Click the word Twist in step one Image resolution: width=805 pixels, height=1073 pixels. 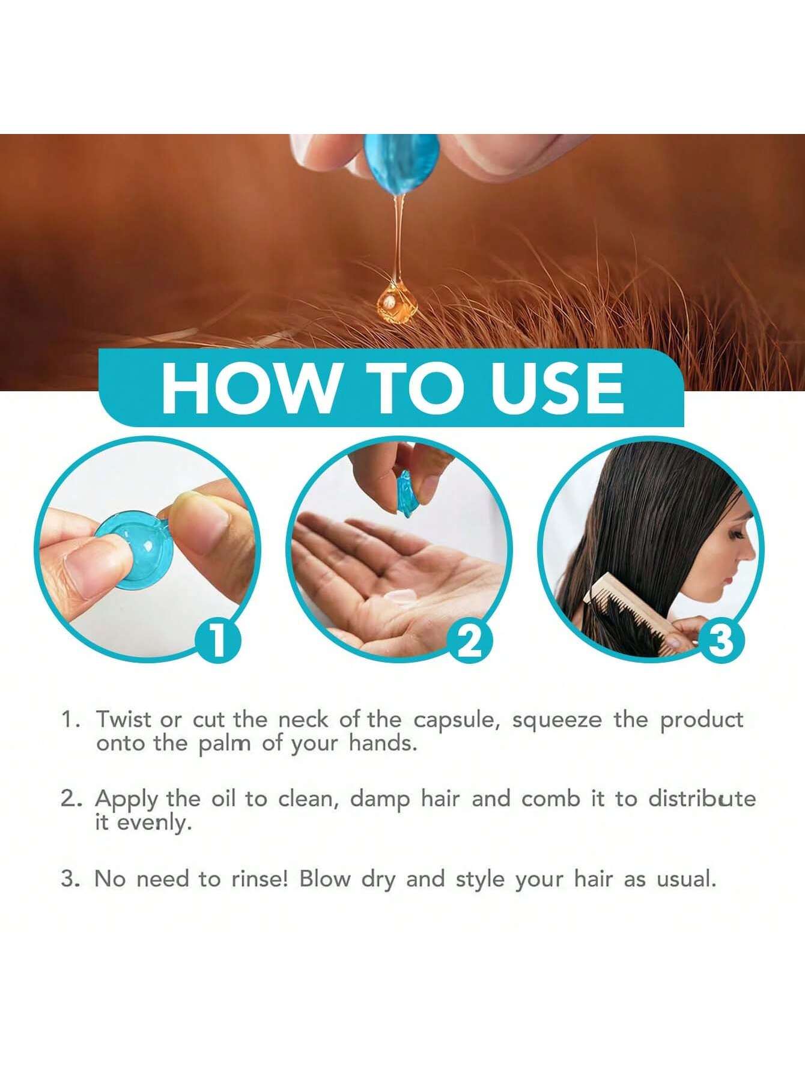124,719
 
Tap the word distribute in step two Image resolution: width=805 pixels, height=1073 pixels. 702,798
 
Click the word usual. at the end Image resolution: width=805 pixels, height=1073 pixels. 687,879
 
